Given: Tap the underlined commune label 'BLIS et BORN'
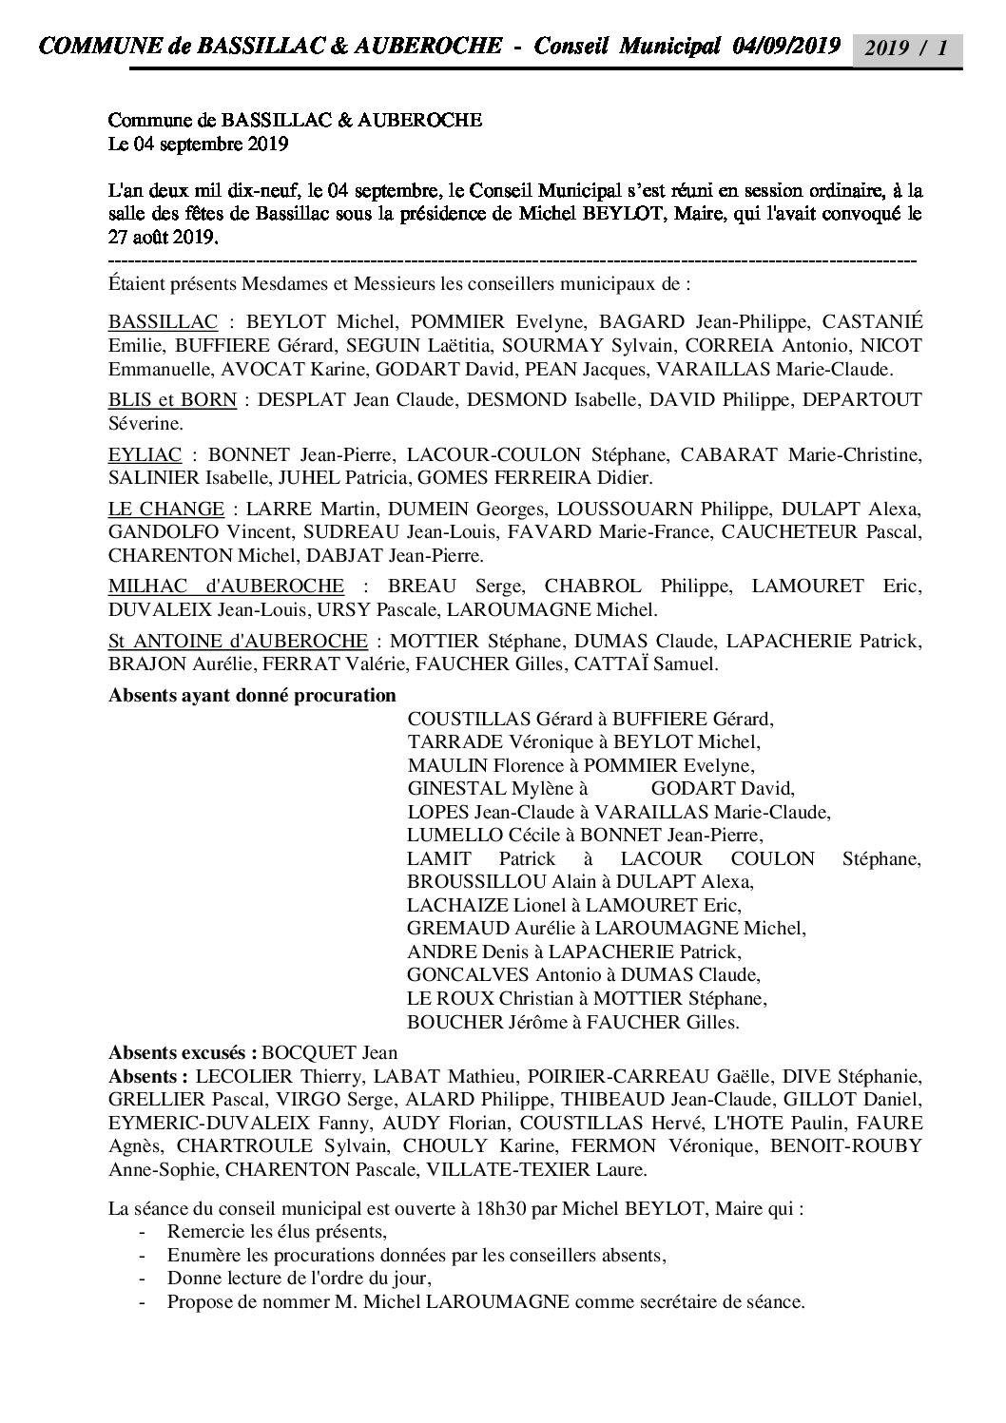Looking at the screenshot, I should click(172, 399).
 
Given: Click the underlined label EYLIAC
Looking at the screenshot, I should click(145, 455).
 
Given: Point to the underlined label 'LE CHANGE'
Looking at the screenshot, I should click(166, 509).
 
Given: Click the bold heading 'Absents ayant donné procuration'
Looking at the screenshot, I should click(252, 695).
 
